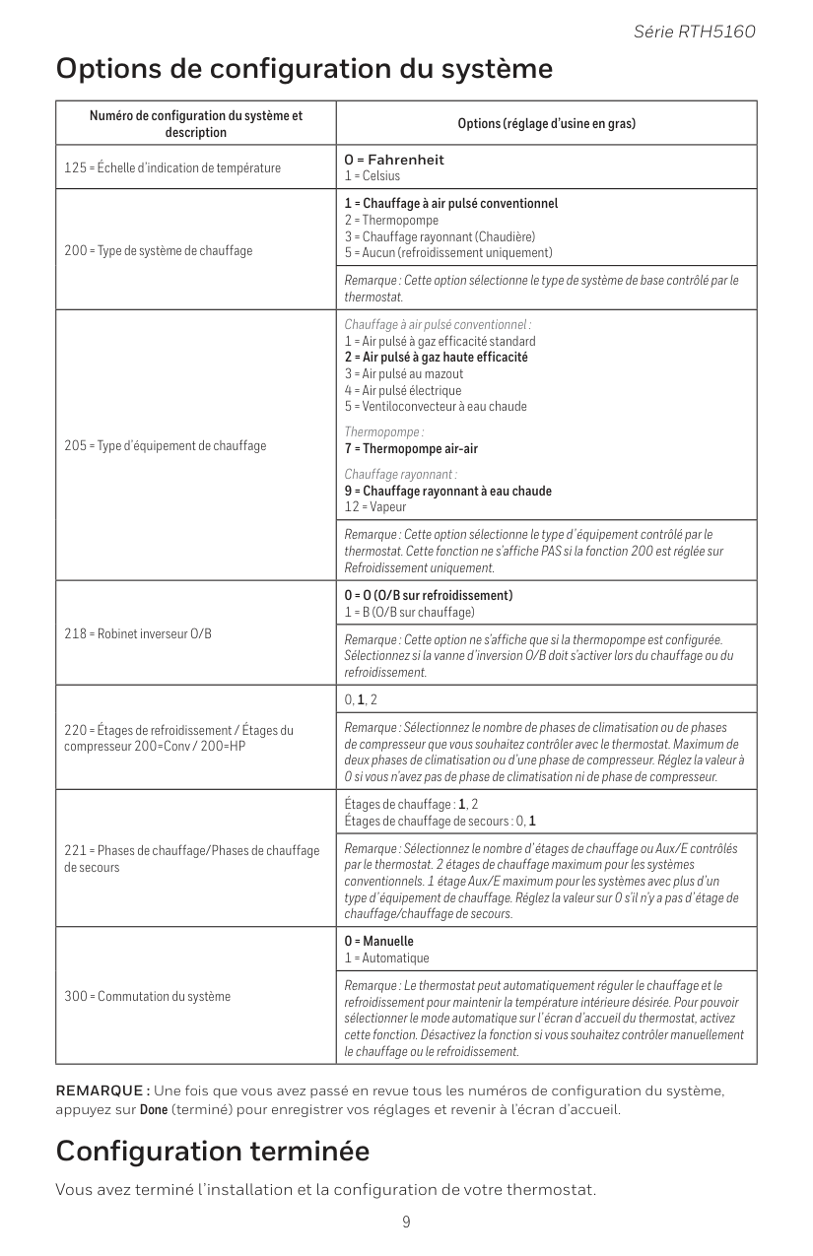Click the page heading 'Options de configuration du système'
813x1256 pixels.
[x=304, y=70]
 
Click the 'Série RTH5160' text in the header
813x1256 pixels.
[x=694, y=32]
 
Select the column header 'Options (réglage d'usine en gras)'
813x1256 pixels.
[x=546, y=124]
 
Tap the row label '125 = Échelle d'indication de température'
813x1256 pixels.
[x=172, y=167]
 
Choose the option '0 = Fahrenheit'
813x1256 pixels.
[x=394, y=160]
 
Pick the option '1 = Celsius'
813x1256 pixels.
[x=373, y=175]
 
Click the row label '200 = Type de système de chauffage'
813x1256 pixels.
[x=159, y=250]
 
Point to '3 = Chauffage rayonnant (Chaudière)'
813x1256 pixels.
[x=440, y=236]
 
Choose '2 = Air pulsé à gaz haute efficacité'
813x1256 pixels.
[x=436, y=357]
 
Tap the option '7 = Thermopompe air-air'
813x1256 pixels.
[x=411, y=448]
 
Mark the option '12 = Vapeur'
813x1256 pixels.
[x=374, y=507]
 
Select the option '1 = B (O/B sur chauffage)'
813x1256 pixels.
[x=409, y=613]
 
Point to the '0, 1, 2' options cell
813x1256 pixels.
[x=360, y=699]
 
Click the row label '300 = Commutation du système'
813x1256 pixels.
[x=147, y=996]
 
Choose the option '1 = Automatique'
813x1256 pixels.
[x=386, y=959]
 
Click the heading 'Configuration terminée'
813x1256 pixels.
[x=213, y=1151]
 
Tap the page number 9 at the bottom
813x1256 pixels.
[x=406, y=1223]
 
